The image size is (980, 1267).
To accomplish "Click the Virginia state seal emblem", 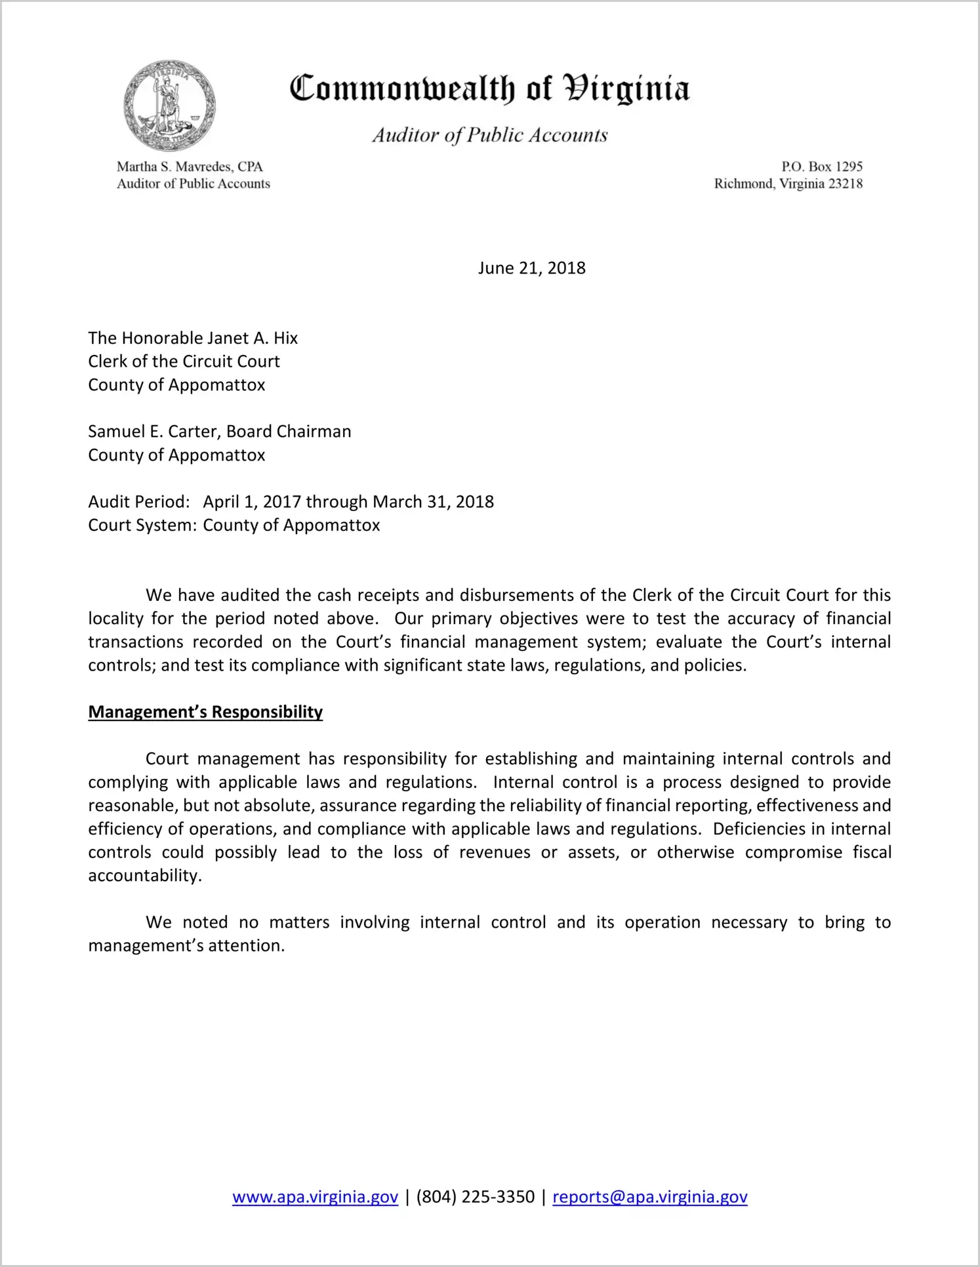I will [169, 106].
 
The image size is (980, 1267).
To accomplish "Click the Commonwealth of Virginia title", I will [489, 89].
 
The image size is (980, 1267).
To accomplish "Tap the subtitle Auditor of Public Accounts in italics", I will [490, 135].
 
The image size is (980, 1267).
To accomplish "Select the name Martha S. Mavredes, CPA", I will [190, 167].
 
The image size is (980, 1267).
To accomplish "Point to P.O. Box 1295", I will [821, 167].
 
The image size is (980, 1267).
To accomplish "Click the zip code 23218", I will [846, 184].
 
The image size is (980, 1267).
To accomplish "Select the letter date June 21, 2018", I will [531, 268].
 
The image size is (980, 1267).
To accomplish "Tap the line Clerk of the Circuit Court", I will [184, 362].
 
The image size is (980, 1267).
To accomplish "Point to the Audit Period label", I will [139, 501].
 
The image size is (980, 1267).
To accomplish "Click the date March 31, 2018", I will [433, 501].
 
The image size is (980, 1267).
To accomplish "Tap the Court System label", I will [142, 525].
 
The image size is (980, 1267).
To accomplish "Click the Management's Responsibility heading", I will [205, 712].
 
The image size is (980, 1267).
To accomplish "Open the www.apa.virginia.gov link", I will [315, 1197].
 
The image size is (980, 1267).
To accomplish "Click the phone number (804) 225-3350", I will [475, 1197].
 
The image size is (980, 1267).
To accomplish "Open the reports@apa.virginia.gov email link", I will [649, 1197].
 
